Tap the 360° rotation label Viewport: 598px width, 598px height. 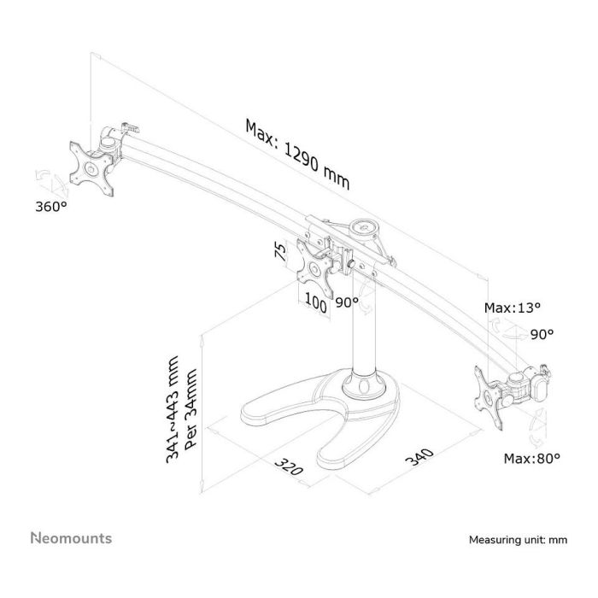(51, 207)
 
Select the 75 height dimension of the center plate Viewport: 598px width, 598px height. (279, 252)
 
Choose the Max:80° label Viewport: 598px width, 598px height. (531, 459)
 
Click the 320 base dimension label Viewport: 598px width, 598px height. (291, 472)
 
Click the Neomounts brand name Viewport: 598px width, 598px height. (71, 538)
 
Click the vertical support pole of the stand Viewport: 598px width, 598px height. (363, 333)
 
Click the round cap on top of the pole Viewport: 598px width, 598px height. (368, 227)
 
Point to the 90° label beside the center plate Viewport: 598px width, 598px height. (346, 302)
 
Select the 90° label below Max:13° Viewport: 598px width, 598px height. (542, 334)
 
